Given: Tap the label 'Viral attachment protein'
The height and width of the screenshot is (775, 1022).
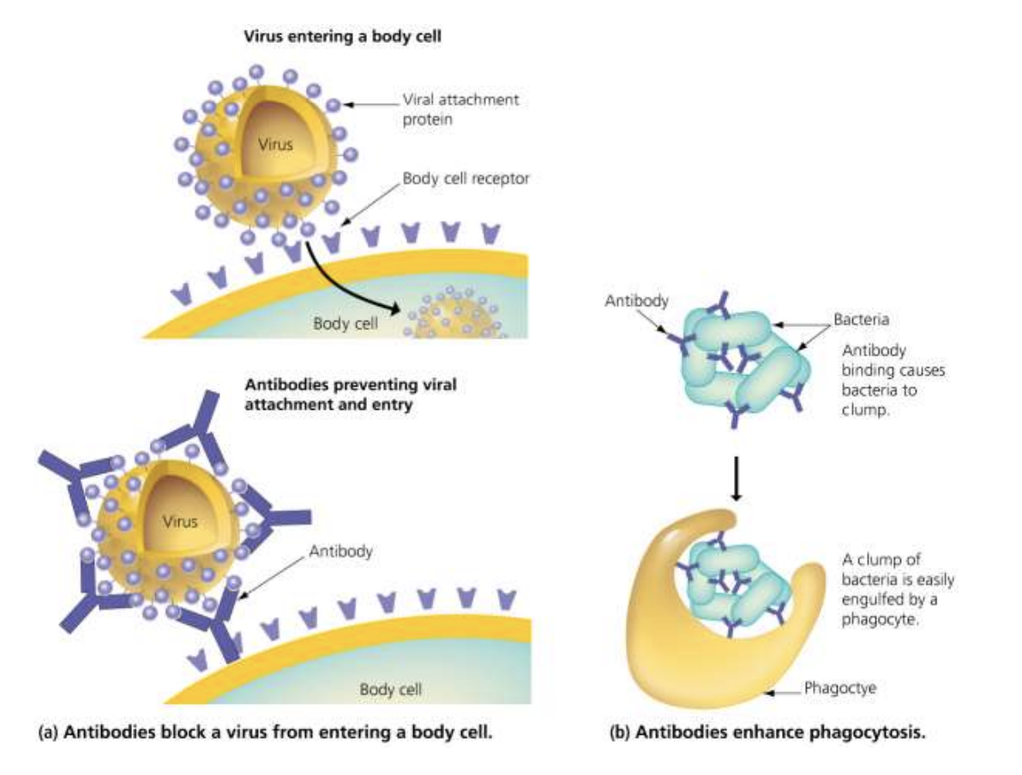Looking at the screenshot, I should (460, 110).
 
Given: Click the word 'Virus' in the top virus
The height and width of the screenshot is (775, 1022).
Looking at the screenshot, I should (275, 144).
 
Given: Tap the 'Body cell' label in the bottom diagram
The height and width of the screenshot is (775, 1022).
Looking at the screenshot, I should (390, 688).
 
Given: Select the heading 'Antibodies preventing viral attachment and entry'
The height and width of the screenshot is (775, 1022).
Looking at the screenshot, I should (350, 394).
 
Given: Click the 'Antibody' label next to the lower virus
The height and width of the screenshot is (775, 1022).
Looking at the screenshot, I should (340, 551).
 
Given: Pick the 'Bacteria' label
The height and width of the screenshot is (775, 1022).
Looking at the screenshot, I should (861, 319).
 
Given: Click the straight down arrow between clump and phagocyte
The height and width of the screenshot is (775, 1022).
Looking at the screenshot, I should (736, 476).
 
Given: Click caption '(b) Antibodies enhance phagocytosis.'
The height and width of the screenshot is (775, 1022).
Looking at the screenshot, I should (768, 733).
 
